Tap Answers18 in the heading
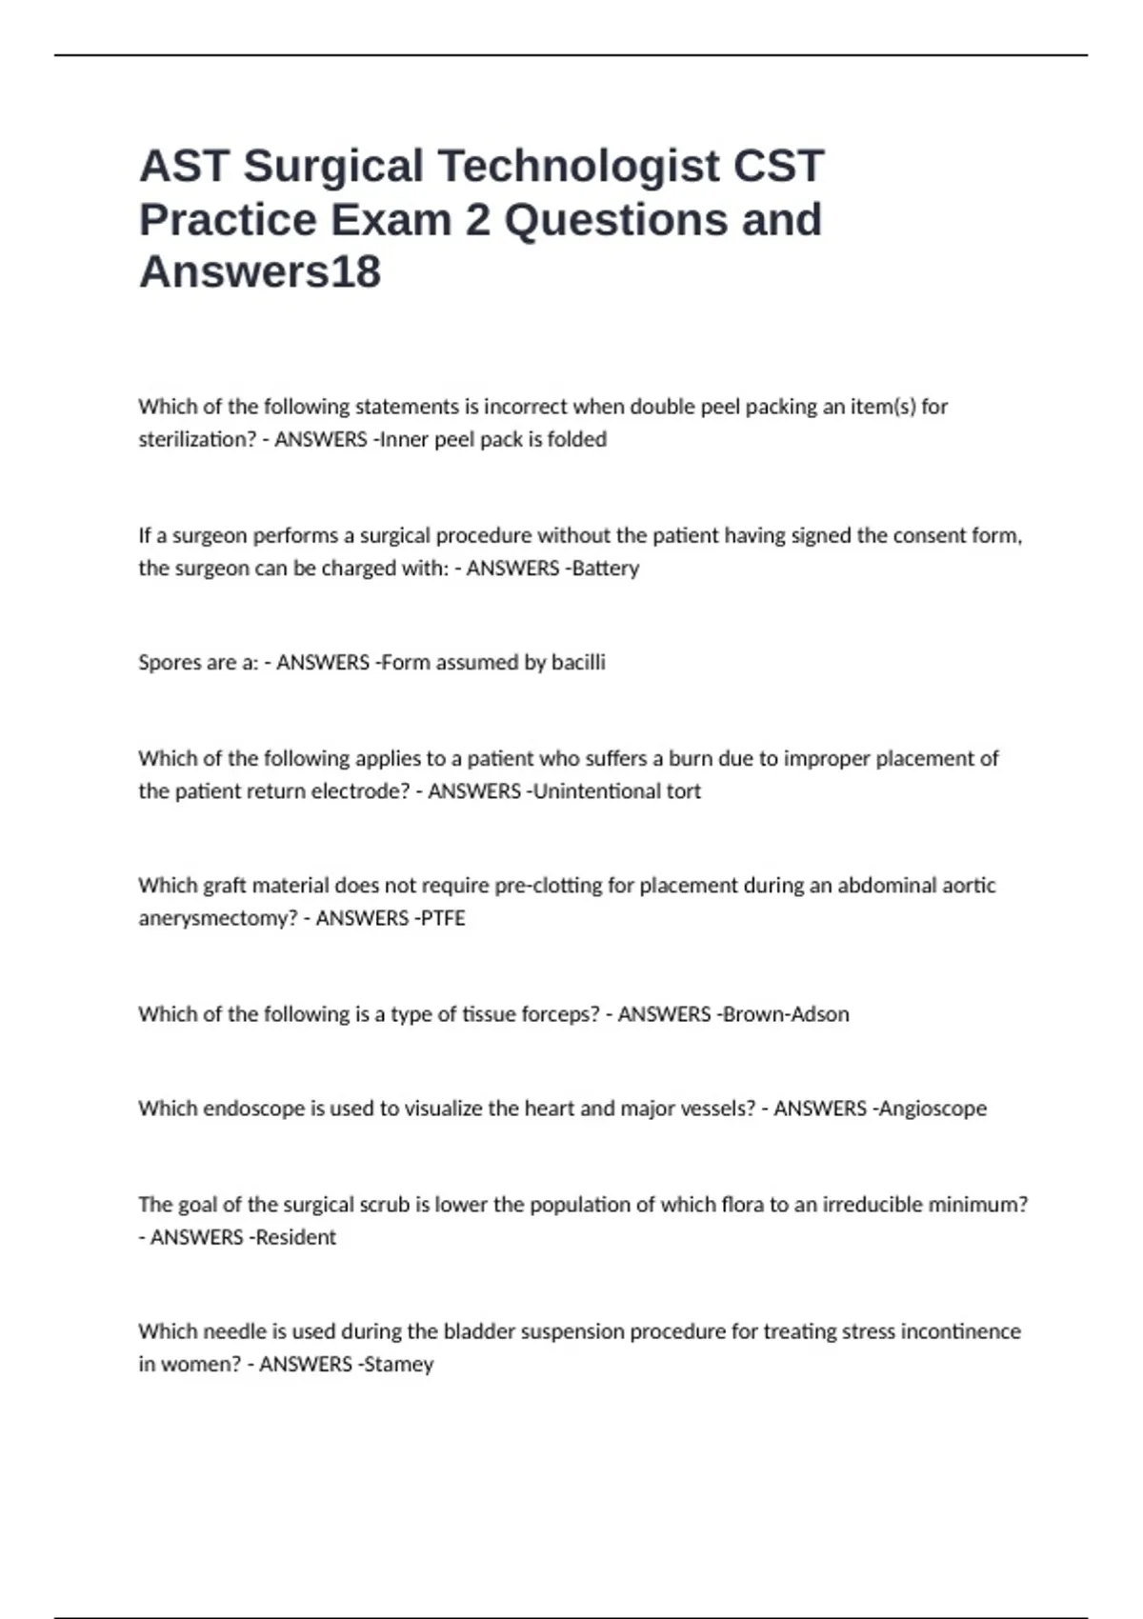tap(260, 271)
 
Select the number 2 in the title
tap(477, 220)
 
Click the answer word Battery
tap(606, 568)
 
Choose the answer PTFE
tap(443, 918)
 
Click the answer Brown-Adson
tap(787, 1014)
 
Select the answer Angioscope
tap(933, 1109)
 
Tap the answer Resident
tap(294, 1237)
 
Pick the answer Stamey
tap(399, 1364)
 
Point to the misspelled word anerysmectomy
tap(218, 918)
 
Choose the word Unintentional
tap(597, 791)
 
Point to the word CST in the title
tap(778, 167)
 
